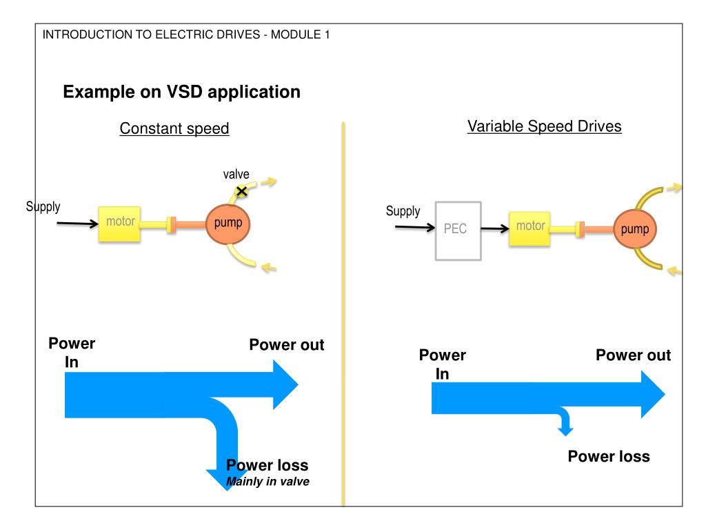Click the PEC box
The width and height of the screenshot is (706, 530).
[458, 230]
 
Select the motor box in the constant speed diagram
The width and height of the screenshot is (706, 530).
[120, 224]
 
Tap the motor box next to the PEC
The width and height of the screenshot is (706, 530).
[529, 228]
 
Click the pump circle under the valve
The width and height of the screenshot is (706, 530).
[228, 224]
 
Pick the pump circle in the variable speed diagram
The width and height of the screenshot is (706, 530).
[635, 229]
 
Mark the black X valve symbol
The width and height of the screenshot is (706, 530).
[242, 192]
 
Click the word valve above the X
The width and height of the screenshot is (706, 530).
[236, 174]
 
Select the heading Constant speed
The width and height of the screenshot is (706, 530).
[174, 128]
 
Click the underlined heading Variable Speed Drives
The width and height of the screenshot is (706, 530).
[545, 126]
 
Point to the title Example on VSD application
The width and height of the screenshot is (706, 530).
[181, 92]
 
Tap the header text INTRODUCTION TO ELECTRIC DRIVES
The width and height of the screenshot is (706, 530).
[151, 35]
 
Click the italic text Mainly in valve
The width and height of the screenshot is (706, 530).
[268, 481]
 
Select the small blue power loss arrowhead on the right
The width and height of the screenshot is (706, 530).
[565, 431]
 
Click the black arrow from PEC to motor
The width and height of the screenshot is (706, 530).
[495, 228]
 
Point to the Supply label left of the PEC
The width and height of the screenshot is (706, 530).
[403, 211]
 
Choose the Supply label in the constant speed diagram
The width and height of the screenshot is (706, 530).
[43, 206]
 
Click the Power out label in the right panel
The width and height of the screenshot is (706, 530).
[633, 355]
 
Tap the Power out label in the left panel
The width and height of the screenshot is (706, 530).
[287, 345]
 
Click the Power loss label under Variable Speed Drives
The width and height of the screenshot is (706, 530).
[609, 457]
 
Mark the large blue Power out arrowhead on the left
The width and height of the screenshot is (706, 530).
[285, 385]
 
